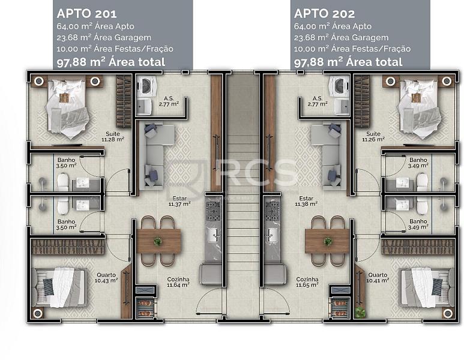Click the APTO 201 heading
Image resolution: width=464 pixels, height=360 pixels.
(x=86, y=14)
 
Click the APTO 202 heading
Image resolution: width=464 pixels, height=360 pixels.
(x=324, y=14)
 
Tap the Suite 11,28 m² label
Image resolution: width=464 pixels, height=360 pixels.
(x=113, y=136)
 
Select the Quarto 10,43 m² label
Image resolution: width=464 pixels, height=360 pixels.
(x=106, y=277)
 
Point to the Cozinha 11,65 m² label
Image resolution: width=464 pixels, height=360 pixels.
(x=307, y=282)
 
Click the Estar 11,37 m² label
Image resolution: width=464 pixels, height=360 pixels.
(x=179, y=201)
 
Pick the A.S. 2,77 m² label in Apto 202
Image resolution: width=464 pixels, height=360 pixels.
(x=318, y=101)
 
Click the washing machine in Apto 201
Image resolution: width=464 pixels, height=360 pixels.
(x=145, y=86)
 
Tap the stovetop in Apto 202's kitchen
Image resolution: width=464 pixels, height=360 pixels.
(x=272, y=211)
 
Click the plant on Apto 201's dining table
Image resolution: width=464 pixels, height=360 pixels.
(x=158, y=241)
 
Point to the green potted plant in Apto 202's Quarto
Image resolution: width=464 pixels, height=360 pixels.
(x=360, y=312)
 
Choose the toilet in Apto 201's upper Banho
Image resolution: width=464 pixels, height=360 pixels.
(x=63, y=182)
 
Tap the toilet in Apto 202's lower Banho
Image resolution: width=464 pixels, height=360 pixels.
(x=422, y=206)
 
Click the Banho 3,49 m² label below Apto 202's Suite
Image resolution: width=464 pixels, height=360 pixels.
(x=418, y=163)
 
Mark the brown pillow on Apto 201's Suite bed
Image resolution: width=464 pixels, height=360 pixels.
(x=64, y=97)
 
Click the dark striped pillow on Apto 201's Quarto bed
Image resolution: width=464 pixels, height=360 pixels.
(x=49, y=287)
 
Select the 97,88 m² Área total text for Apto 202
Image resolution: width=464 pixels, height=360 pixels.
(x=348, y=62)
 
